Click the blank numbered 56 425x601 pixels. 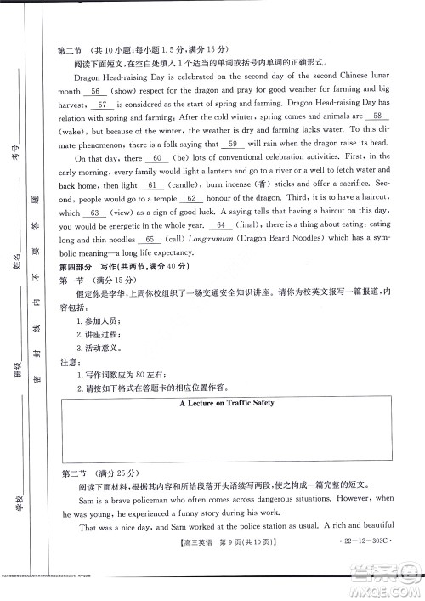click(x=95, y=90)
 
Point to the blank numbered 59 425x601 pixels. click(x=231, y=144)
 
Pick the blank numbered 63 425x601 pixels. click(x=95, y=213)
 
